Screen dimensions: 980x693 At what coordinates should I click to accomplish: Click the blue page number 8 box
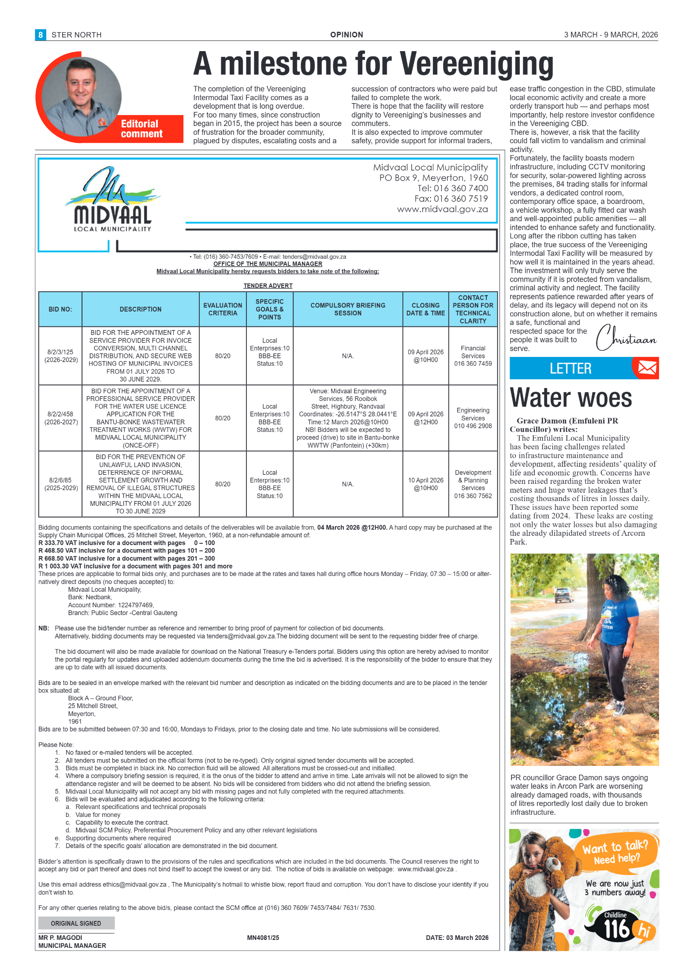(x=41, y=35)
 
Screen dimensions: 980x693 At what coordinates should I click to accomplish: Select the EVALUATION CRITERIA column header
(x=223, y=309)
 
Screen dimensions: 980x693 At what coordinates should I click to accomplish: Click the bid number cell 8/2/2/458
(x=61, y=418)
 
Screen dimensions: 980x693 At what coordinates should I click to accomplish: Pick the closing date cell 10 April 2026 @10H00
(x=425, y=484)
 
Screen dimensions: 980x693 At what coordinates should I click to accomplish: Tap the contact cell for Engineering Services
(x=473, y=418)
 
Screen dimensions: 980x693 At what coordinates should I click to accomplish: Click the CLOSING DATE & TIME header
(x=425, y=309)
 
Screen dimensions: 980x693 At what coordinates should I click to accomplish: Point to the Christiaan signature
(x=626, y=338)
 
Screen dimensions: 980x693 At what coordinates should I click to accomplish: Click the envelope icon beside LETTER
(x=647, y=367)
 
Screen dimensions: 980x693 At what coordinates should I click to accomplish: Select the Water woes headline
(x=570, y=397)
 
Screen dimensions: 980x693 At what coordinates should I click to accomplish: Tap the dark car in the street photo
(x=563, y=595)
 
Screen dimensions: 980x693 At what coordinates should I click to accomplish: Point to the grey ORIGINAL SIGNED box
(x=76, y=923)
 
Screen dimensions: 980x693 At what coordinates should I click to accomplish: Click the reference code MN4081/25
(x=263, y=938)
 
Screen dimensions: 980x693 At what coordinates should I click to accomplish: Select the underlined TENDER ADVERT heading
(x=268, y=286)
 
